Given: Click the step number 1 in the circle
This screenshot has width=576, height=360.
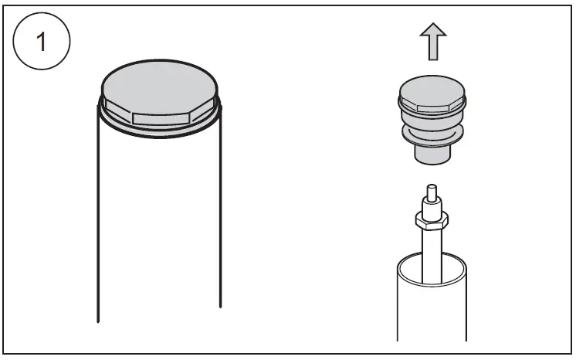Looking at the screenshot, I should coord(42,42).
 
